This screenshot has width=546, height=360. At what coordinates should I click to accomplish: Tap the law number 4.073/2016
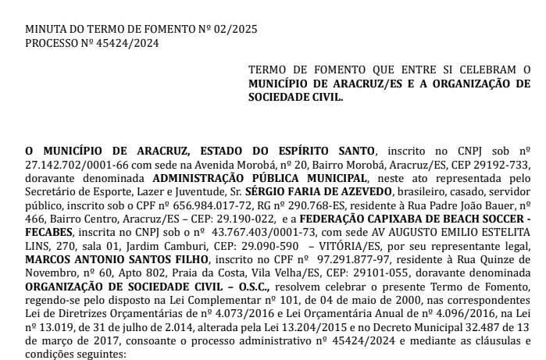(x=214, y=311)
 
